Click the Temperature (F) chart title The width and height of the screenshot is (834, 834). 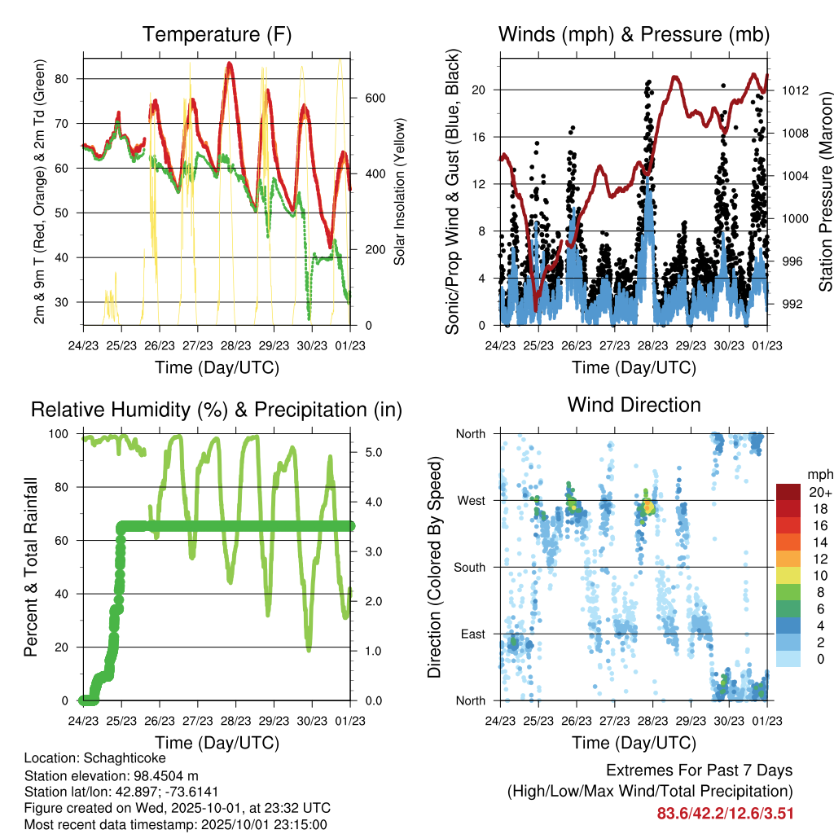point(217,35)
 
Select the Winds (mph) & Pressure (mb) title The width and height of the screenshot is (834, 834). point(634,35)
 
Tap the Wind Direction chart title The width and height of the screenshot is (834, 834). point(634,405)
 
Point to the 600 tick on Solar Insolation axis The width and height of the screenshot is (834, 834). point(374,98)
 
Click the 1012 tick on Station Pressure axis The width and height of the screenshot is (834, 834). point(795,90)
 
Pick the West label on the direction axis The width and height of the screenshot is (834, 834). point(472,501)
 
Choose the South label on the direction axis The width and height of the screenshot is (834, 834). point(470,568)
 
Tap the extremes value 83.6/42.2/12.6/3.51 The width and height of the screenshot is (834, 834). point(724,813)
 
